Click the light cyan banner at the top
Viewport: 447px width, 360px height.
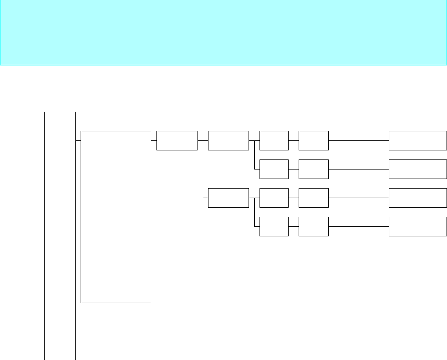(x=223, y=32)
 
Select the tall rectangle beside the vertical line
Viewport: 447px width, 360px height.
(x=116, y=216)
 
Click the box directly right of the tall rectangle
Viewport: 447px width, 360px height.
(x=177, y=140)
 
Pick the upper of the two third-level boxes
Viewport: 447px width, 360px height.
(x=229, y=140)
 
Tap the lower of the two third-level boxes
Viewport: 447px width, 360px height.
(x=229, y=198)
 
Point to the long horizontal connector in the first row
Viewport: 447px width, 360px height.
(x=359, y=141)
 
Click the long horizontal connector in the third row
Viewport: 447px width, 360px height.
(x=359, y=198)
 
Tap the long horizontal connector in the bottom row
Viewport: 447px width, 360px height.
(x=359, y=227)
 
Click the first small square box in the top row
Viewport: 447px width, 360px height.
(x=274, y=140)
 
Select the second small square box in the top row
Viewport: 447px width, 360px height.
(x=314, y=140)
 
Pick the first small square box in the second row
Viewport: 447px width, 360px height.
(x=274, y=169)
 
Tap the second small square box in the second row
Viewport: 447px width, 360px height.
(x=314, y=169)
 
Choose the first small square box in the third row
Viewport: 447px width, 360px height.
(x=274, y=198)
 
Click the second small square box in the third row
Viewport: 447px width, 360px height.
(x=314, y=198)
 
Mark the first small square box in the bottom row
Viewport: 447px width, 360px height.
(x=274, y=226)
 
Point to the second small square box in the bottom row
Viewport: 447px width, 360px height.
(x=314, y=226)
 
